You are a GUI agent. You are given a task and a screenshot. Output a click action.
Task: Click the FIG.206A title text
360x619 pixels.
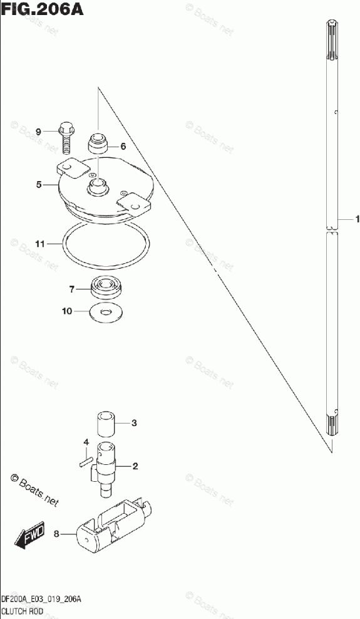tap(42, 9)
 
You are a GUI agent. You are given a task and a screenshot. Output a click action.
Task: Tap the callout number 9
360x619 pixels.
tap(38, 132)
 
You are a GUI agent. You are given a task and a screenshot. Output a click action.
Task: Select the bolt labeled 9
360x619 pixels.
tap(66, 139)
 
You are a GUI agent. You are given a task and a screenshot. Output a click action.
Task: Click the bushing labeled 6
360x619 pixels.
tap(98, 144)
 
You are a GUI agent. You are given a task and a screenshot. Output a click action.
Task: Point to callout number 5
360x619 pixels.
tap(39, 184)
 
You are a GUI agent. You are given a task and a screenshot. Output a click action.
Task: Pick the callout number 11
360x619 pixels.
tap(40, 244)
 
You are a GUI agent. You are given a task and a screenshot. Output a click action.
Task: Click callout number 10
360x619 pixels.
tap(67, 311)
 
